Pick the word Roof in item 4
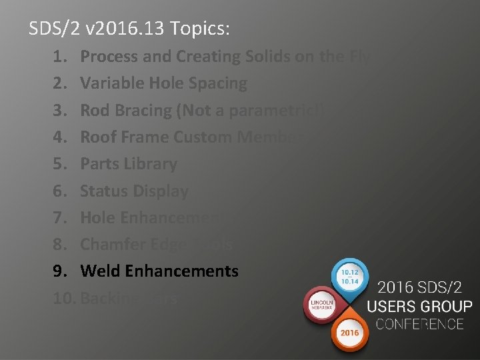coord(97,137)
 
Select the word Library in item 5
coord(154,164)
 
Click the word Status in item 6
coord(103,191)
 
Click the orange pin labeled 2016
coord(351,331)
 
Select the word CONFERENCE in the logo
coord(419,325)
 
